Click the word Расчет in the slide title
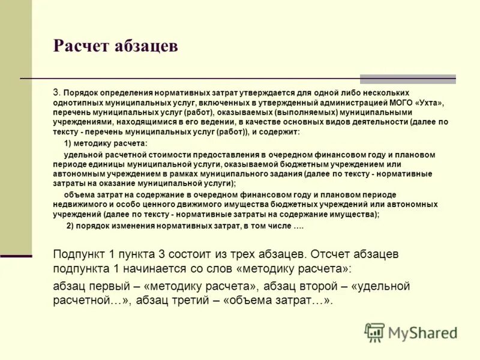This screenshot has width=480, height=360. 81,47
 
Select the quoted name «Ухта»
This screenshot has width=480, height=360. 427,103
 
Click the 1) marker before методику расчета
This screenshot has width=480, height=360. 68,144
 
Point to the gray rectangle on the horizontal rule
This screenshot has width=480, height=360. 407,79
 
